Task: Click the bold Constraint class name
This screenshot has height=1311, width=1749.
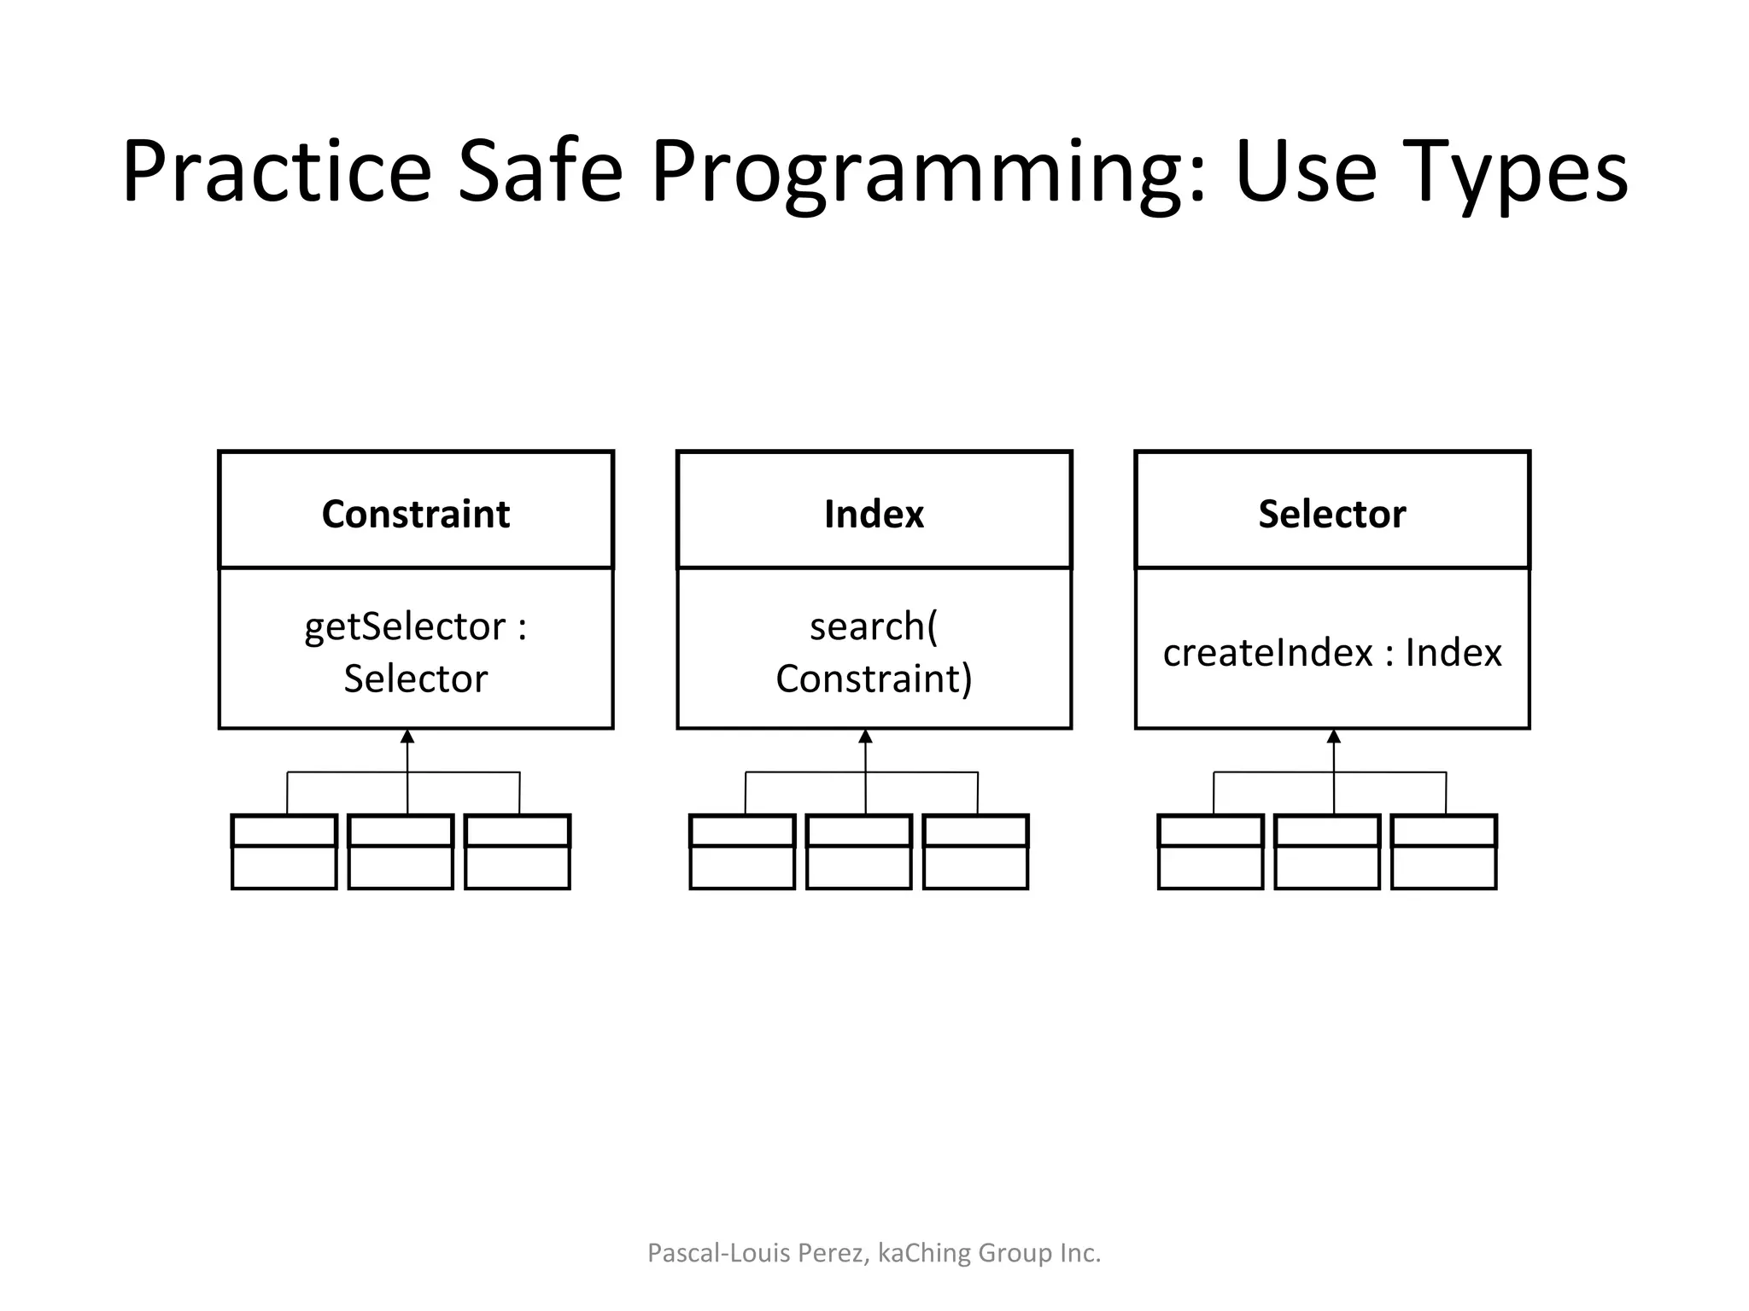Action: pos(416,514)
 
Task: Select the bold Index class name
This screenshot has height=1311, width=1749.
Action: pos(874,514)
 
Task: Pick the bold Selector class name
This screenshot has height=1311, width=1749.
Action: pos(1331,514)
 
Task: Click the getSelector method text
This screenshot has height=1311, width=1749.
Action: pos(405,627)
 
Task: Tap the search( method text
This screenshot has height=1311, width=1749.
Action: pos(873,627)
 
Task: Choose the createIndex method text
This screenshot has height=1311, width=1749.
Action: pos(1267,653)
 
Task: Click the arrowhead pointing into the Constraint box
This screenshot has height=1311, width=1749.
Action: pos(407,737)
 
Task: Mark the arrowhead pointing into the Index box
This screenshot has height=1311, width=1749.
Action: pos(865,737)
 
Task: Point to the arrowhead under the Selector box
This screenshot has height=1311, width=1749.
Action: pos(1334,737)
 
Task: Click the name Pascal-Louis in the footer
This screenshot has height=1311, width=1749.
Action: pos(719,1253)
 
